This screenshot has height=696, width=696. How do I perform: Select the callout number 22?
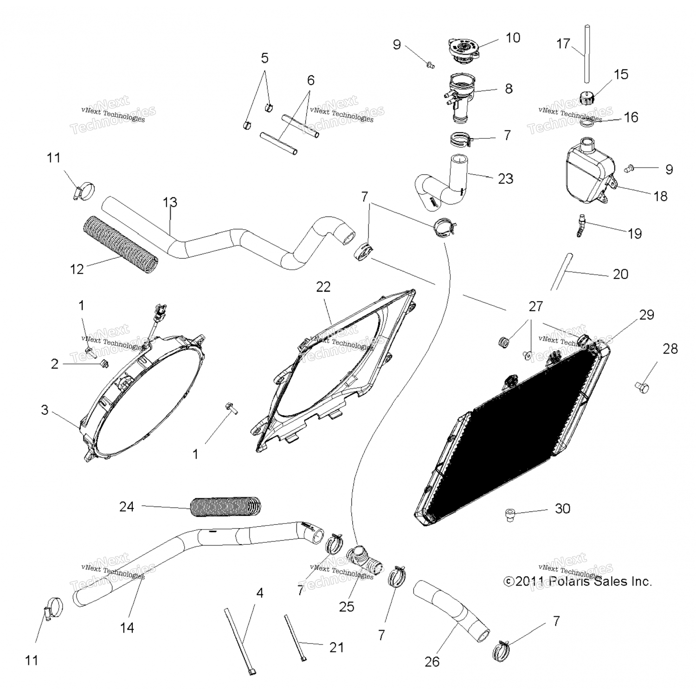323,287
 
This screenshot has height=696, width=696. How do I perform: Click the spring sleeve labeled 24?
226,507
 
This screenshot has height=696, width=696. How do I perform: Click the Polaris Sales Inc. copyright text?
578,581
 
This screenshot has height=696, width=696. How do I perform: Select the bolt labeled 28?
642,386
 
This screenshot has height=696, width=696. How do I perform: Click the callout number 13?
170,202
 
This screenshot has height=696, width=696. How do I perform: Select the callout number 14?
127,627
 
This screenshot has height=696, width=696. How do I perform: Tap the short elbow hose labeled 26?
450,608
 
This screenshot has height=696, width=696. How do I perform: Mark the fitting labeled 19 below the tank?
580,225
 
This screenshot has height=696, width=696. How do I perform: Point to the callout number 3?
45,410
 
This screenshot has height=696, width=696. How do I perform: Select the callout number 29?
646,315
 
